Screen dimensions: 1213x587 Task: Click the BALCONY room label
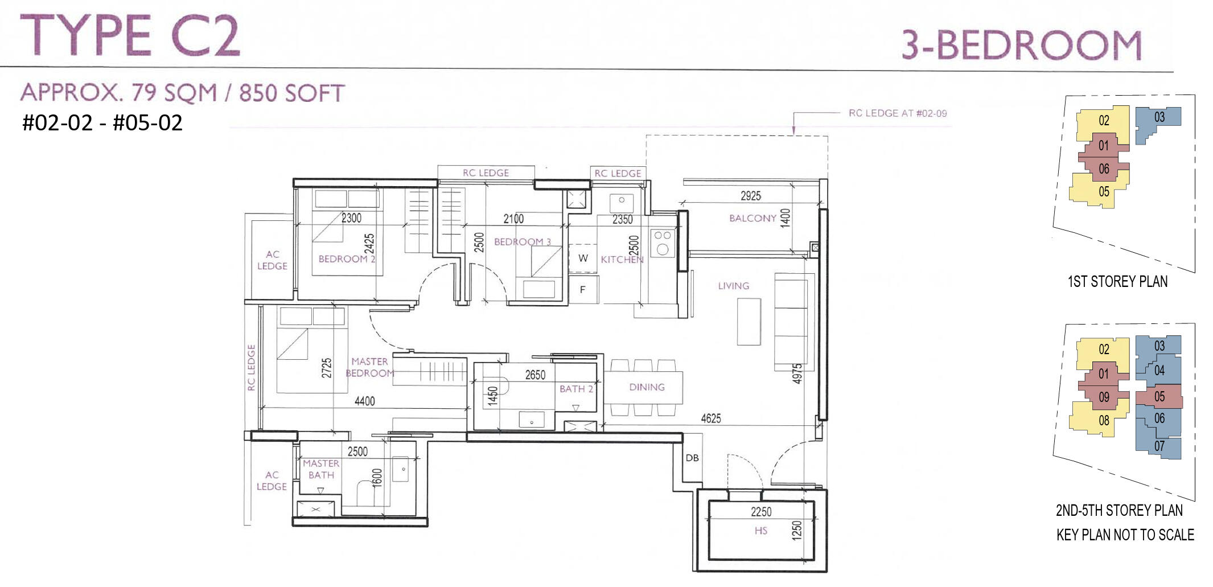pos(753,218)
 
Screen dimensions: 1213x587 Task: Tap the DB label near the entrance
pos(692,458)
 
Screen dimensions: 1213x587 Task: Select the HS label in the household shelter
pos(761,531)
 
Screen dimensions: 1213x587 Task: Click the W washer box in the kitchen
pos(583,258)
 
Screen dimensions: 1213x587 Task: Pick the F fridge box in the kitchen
pos(583,289)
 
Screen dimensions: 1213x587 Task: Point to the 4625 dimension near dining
pos(711,418)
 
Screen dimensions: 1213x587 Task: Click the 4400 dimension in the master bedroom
pos(364,401)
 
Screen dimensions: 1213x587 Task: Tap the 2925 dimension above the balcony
pos(751,196)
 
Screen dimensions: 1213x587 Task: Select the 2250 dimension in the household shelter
pos(761,512)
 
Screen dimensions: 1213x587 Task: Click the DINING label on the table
pos(647,387)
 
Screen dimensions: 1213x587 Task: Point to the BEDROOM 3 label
pos(523,242)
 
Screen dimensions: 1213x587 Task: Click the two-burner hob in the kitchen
pos(663,243)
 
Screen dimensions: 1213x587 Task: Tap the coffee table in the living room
pos(749,322)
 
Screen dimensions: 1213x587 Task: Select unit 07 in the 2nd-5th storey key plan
pos(1159,446)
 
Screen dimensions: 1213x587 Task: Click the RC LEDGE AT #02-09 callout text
pos(898,113)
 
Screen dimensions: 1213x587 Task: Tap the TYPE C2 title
pos(130,35)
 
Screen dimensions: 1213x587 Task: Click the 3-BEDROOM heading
pos(1022,45)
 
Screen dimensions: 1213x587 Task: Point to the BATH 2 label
pos(576,389)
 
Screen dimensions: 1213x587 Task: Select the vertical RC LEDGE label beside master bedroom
pos(251,368)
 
